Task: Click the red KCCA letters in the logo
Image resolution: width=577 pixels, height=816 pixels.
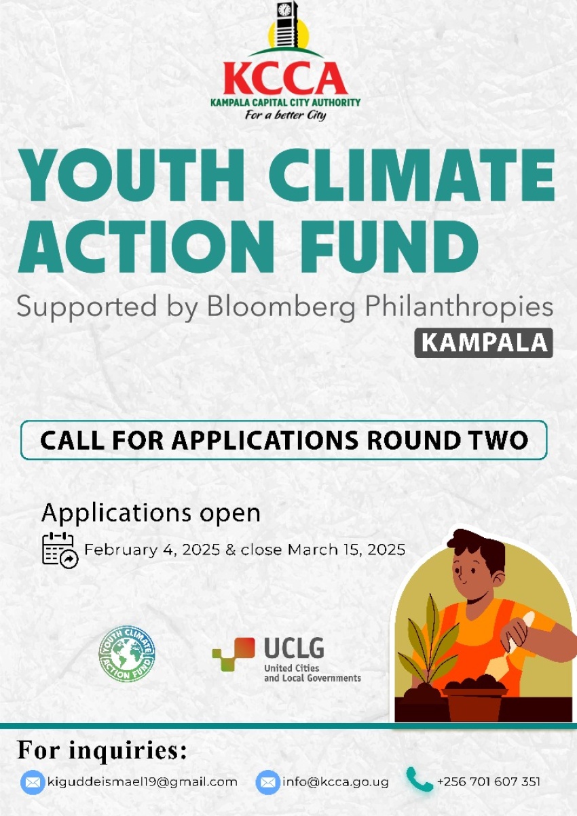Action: point(285,79)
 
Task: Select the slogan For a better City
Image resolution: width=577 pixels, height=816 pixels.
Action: point(285,115)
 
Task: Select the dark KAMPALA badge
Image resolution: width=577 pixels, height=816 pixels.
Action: point(484,343)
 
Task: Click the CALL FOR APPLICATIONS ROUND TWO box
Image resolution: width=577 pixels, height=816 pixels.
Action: point(284,440)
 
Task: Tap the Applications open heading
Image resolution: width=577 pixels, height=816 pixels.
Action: point(151,513)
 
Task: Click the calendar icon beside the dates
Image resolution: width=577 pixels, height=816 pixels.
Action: point(60,550)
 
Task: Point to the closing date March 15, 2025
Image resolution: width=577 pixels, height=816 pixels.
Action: point(346,549)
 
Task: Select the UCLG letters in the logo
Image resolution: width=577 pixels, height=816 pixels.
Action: point(294,648)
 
